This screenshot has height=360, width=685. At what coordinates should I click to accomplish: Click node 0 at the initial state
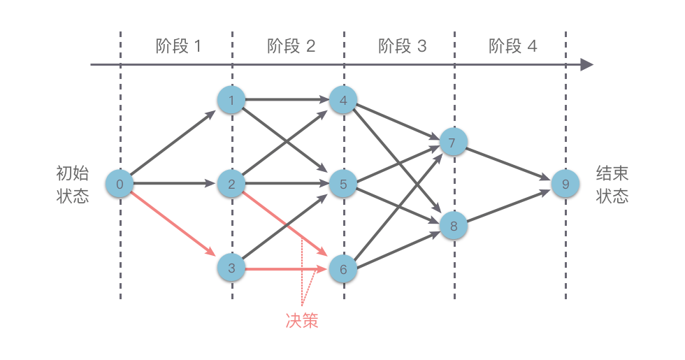[x=120, y=185]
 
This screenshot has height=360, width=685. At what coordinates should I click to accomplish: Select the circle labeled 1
[x=231, y=101]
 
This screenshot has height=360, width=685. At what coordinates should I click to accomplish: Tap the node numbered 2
[x=231, y=185]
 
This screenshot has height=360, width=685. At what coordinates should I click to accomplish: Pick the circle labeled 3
[x=231, y=268]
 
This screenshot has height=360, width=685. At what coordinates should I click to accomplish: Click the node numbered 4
[x=342, y=101]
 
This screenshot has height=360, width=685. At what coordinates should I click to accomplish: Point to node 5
[x=342, y=185]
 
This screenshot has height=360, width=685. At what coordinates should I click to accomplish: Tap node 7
[x=452, y=143]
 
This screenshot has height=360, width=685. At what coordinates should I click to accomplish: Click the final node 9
[x=565, y=185]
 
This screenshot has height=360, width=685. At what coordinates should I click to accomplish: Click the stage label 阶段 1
[x=178, y=47]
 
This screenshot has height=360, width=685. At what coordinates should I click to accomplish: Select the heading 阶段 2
[x=291, y=47]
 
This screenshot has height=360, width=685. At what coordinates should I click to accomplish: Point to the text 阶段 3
[x=402, y=47]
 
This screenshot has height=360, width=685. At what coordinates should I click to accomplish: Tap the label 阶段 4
[x=513, y=47]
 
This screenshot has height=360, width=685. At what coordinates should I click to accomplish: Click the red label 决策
[x=302, y=320]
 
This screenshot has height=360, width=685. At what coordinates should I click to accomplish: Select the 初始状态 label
[x=73, y=185]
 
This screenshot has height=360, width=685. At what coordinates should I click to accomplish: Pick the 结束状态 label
[x=612, y=185]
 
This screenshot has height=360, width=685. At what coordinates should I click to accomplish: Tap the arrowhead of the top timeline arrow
[x=586, y=65]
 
